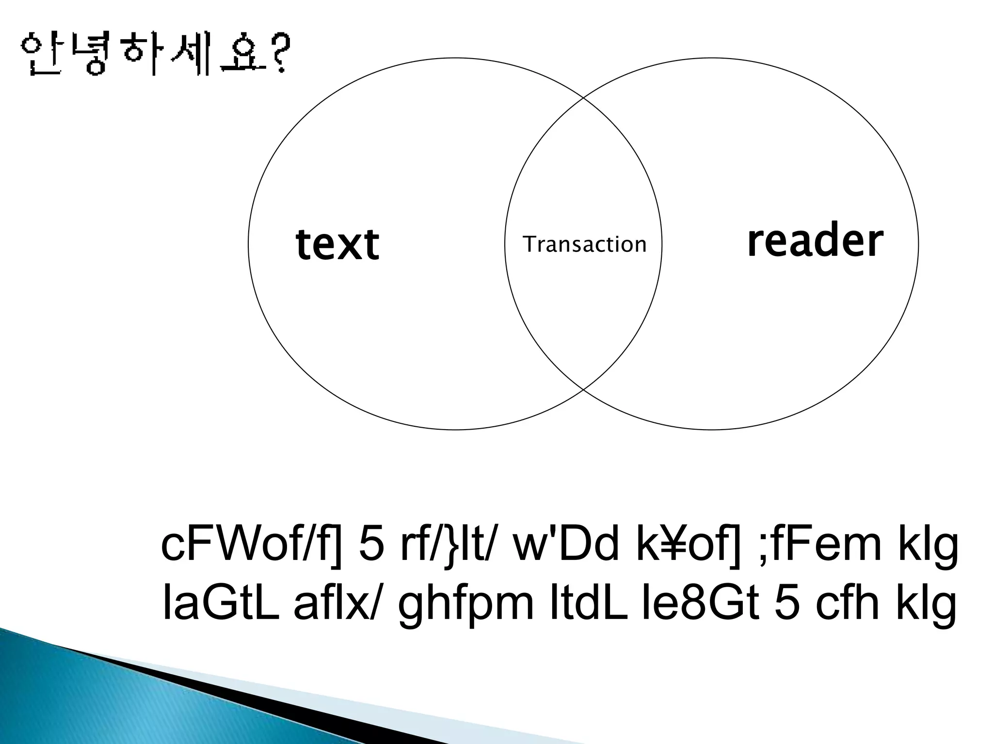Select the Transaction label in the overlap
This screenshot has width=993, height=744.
[x=585, y=244]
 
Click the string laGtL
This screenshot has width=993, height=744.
[x=221, y=604]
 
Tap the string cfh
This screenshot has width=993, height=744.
[x=847, y=604]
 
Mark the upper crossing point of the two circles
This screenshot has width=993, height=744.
[x=583, y=97]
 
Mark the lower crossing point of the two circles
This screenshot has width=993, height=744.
[x=583, y=390]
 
